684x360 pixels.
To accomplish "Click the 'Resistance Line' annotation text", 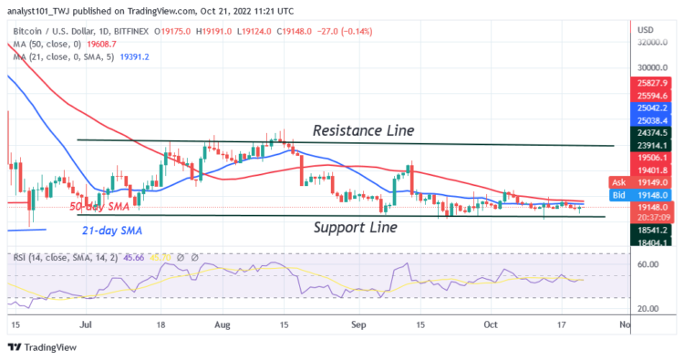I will coord(363,130).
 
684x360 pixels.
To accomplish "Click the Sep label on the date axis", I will coord(355,324).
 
